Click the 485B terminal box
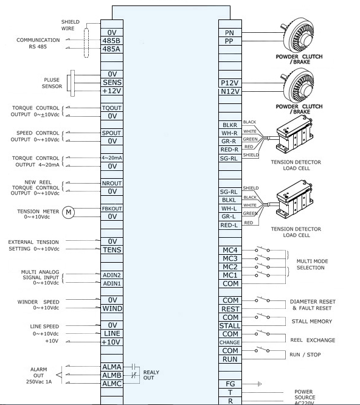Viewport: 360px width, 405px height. click(x=112, y=41)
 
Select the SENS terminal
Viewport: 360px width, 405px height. click(x=112, y=82)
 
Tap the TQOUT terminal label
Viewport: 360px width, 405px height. click(x=112, y=108)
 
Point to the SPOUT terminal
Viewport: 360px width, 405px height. click(x=112, y=133)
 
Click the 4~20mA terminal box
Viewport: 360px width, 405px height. click(x=112, y=158)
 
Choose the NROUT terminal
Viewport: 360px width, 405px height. click(x=112, y=183)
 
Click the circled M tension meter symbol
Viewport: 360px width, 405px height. click(x=69, y=212)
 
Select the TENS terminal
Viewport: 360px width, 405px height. click(x=112, y=250)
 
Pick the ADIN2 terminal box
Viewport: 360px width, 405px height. click(x=112, y=275)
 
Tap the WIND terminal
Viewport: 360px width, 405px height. click(x=112, y=308)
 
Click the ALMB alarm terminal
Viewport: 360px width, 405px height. click(x=112, y=375)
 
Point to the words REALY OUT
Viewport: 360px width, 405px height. click(x=151, y=375)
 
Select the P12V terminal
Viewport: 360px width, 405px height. click(x=230, y=83)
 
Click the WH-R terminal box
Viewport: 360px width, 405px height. click(x=230, y=133)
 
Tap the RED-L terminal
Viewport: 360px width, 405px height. click(x=230, y=225)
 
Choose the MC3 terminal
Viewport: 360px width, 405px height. click(x=230, y=258)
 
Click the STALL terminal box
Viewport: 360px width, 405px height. click(x=230, y=325)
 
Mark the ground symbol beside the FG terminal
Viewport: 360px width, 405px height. click(x=260, y=384)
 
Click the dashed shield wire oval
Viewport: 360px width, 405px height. click(x=86, y=43)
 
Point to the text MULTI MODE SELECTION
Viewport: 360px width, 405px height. click(x=312, y=265)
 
